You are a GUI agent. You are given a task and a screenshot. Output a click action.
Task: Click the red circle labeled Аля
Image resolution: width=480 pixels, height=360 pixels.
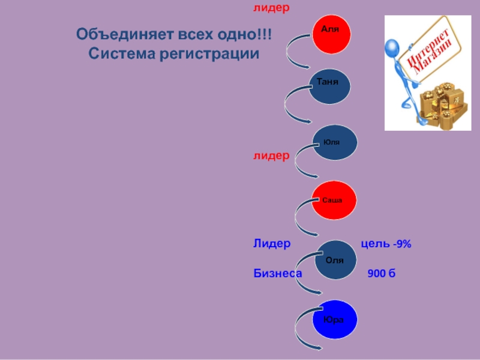pyautogui.click(x=331, y=32)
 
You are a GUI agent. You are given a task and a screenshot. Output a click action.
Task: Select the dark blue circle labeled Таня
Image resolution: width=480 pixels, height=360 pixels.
pyautogui.click(x=329, y=85)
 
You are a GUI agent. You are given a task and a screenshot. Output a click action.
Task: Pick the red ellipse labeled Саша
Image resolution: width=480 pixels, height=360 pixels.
pyautogui.click(x=332, y=200)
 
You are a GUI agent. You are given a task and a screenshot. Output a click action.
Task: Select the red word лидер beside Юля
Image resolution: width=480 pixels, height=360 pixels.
pyautogui.click(x=271, y=155)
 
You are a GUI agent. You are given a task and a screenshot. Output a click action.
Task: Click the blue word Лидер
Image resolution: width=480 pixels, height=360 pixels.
pyautogui.click(x=271, y=244)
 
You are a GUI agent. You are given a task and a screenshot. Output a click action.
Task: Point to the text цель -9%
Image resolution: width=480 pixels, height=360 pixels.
pyautogui.click(x=385, y=244)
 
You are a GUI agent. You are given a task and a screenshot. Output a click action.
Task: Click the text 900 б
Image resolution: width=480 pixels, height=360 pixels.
pyautogui.click(x=381, y=274)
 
